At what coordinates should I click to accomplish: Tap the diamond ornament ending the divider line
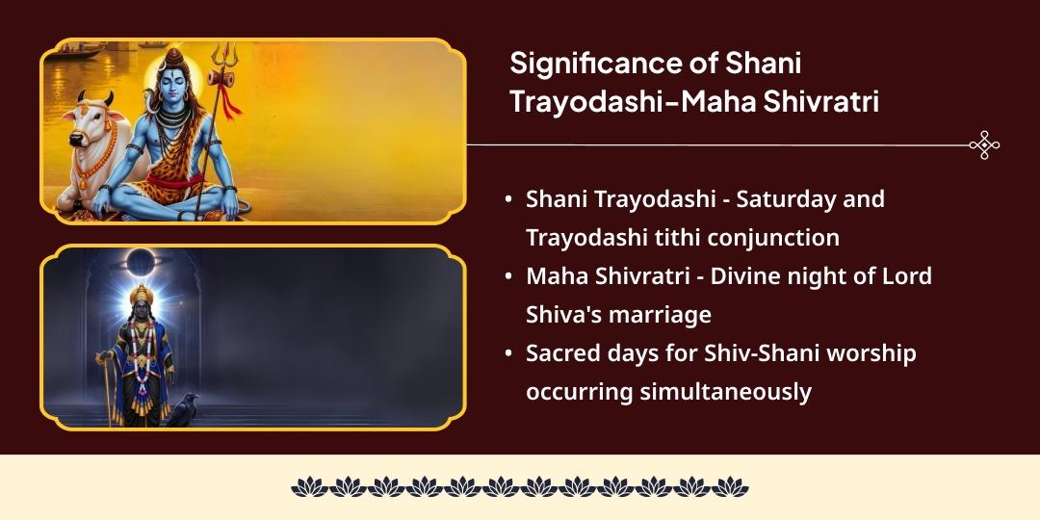(x=984, y=145)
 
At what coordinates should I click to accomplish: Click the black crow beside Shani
(x=183, y=409)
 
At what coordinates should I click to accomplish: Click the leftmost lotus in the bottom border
(x=310, y=487)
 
